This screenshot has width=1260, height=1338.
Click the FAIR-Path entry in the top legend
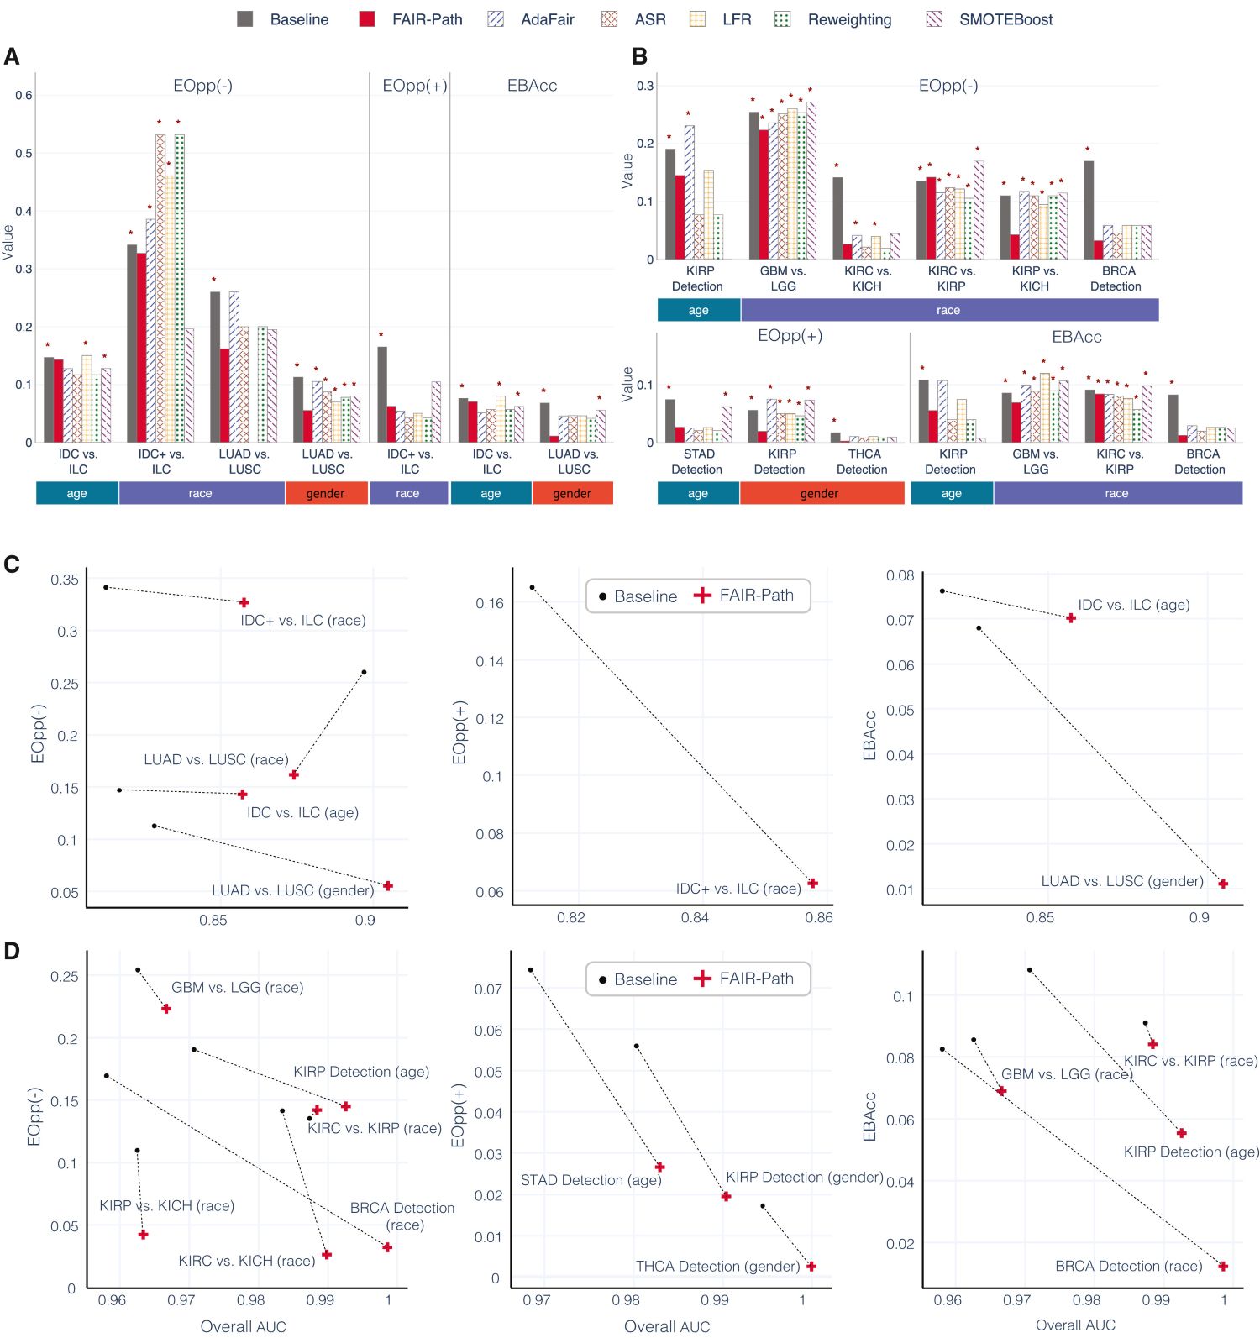pyautogui.click(x=427, y=19)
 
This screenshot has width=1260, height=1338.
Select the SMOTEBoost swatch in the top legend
pyautogui.click(x=934, y=19)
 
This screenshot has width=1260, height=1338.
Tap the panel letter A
pyautogui.click(x=12, y=56)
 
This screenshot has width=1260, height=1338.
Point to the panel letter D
pyautogui.click(x=12, y=951)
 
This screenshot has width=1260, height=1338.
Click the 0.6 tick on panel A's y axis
pyautogui.click(x=24, y=95)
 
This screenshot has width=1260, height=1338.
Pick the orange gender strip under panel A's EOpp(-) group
pyautogui.click(x=326, y=493)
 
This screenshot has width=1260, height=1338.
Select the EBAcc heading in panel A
pyautogui.click(x=532, y=86)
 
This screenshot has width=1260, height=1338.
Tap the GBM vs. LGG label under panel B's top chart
pyautogui.click(x=783, y=279)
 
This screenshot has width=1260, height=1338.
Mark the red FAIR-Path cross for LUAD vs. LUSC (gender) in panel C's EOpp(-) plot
pyautogui.click(x=388, y=886)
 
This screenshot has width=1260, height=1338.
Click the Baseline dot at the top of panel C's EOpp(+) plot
pyautogui.click(x=533, y=587)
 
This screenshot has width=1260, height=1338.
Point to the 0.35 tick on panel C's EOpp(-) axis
pyautogui.click(x=65, y=580)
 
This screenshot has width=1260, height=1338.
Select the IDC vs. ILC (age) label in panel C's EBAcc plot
pyautogui.click(x=1133, y=605)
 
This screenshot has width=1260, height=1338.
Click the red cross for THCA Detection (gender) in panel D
pyautogui.click(x=811, y=1266)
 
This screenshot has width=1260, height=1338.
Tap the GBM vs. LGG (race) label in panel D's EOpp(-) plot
pyautogui.click(x=237, y=988)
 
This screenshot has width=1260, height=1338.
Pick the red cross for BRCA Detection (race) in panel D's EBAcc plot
pyautogui.click(x=1223, y=1266)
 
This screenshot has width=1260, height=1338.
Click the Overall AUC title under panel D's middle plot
pyautogui.click(x=667, y=1326)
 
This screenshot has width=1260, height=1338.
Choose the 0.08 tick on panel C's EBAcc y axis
pyautogui.click(x=900, y=575)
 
